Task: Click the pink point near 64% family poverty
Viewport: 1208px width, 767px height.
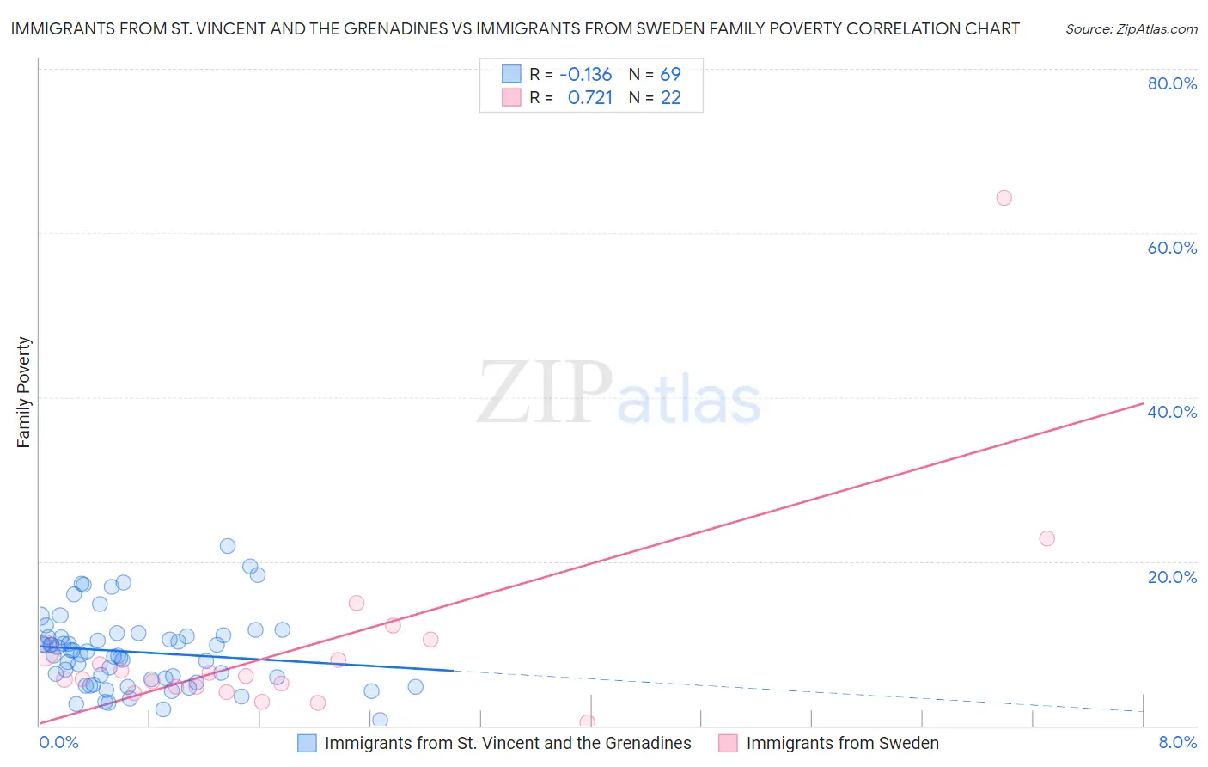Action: (x=1004, y=198)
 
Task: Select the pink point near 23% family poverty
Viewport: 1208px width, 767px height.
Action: (x=1046, y=538)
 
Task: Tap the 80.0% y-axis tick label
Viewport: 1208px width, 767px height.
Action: (x=1172, y=83)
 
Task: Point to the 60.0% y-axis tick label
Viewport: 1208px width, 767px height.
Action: (x=1172, y=248)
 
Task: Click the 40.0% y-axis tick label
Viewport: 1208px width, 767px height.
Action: (x=1172, y=412)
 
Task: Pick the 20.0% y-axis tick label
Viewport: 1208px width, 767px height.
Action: (x=1172, y=577)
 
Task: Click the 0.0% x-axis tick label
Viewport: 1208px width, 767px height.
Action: (x=59, y=742)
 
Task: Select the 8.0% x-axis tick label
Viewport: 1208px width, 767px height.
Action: (x=1177, y=742)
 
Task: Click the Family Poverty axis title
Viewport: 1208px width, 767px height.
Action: (x=24, y=392)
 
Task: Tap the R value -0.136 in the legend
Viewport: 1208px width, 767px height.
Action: (x=585, y=74)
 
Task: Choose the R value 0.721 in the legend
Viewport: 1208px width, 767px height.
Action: (x=590, y=98)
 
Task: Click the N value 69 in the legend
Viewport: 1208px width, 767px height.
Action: (x=670, y=74)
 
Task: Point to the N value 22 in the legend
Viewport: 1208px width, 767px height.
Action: (x=670, y=98)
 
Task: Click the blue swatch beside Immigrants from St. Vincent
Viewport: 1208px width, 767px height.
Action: (x=307, y=743)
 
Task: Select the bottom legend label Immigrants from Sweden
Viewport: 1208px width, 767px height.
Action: (x=842, y=743)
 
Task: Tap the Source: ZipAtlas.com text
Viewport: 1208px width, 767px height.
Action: (x=1131, y=29)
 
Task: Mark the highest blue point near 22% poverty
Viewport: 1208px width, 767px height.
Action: (x=228, y=546)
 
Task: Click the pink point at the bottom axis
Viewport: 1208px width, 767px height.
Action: (x=588, y=722)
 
